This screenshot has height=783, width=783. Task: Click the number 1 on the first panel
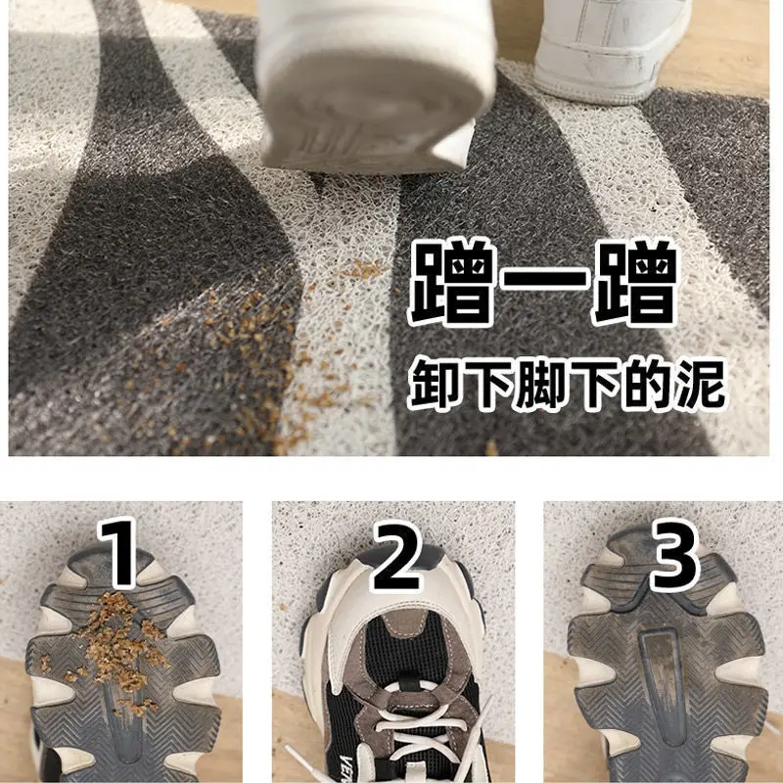click(121, 556)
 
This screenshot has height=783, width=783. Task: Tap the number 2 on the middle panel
click(395, 556)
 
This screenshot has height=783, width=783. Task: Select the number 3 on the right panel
click(674, 556)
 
